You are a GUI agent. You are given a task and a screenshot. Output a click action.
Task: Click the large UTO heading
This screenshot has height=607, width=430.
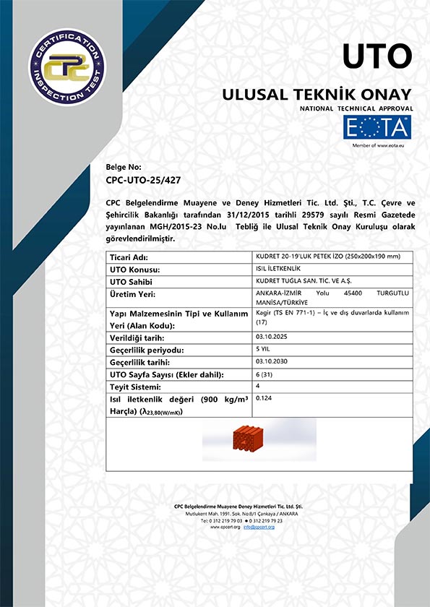pos(377,56)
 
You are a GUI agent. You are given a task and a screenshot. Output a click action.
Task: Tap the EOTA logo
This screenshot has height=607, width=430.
pos(376,128)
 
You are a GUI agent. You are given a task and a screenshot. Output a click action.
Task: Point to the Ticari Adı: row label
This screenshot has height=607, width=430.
pos(128,257)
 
